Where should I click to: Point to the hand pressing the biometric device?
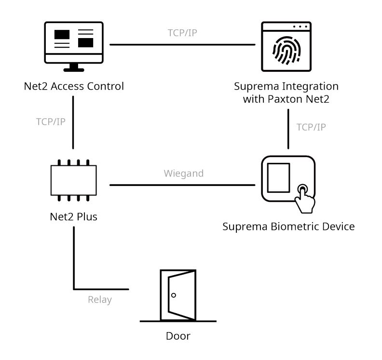(x=304, y=198)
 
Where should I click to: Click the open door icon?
(x=178, y=295)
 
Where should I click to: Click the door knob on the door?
(x=174, y=295)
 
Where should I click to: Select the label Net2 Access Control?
(x=74, y=87)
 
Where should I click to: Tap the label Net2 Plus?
(x=73, y=216)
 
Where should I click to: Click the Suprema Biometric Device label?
(x=288, y=227)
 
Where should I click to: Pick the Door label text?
(x=178, y=336)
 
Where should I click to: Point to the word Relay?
(x=100, y=300)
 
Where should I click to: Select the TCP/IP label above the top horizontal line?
(x=182, y=33)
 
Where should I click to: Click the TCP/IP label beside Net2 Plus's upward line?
(x=51, y=121)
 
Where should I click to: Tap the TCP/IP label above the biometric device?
(x=311, y=127)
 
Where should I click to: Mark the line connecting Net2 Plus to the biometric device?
(x=182, y=185)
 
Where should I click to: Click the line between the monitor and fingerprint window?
(x=182, y=45)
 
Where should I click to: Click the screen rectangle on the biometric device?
(x=279, y=178)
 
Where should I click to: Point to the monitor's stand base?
(x=74, y=69)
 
